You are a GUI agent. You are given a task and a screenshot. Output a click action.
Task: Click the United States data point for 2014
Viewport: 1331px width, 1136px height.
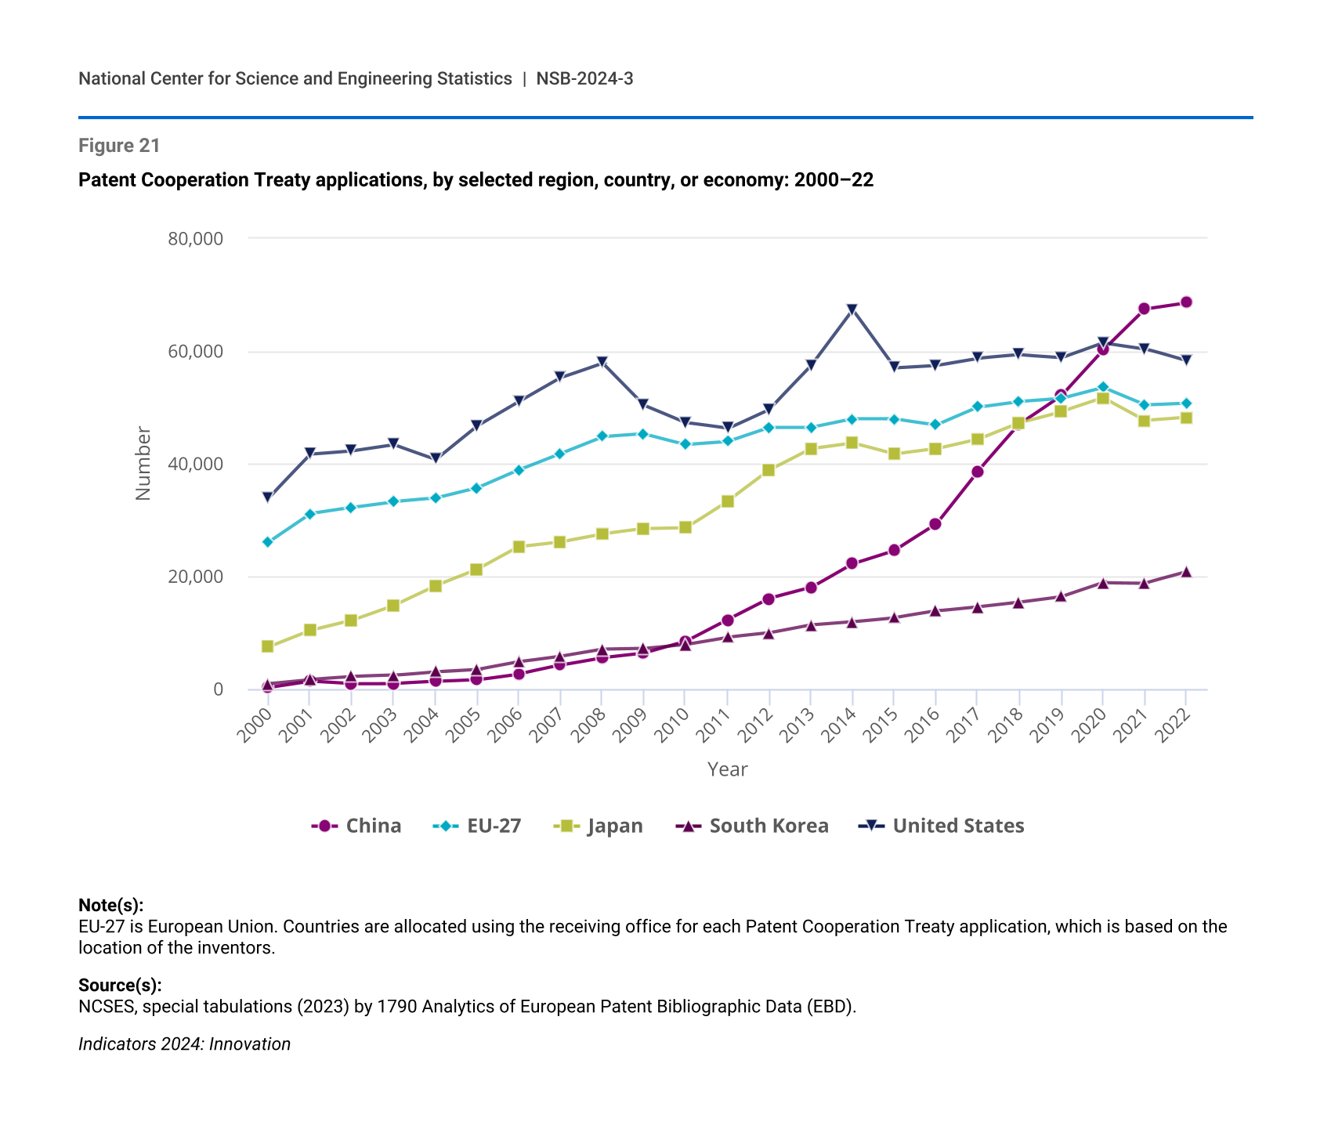pos(852,309)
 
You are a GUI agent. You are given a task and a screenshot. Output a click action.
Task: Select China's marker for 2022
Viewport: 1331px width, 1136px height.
pos(1186,302)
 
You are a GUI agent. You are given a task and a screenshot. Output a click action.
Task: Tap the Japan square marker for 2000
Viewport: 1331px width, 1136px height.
pos(267,646)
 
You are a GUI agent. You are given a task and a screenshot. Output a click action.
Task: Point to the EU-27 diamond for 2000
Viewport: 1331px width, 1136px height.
pos(267,542)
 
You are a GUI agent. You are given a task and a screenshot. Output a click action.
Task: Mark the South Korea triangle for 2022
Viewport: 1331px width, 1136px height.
pos(1186,572)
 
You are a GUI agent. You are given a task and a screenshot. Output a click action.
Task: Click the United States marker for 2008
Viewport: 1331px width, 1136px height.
pos(602,362)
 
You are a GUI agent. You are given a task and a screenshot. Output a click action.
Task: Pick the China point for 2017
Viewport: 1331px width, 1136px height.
pos(977,472)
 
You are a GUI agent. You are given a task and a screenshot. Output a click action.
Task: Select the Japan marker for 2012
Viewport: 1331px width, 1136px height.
pos(769,470)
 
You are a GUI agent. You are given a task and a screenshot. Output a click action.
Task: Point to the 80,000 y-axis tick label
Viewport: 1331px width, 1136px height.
pos(195,238)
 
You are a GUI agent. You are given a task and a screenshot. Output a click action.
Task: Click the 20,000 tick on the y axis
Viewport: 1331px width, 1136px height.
pos(195,577)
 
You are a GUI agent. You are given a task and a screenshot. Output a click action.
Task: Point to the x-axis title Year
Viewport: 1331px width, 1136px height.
pos(727,769)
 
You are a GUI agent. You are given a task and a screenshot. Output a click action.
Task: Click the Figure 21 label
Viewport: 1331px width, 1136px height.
pos(119,146)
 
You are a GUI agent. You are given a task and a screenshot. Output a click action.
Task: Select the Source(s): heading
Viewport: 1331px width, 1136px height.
pos(120,985)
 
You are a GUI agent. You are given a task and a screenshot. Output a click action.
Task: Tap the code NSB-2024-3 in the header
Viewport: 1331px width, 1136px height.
pos(584,78)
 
